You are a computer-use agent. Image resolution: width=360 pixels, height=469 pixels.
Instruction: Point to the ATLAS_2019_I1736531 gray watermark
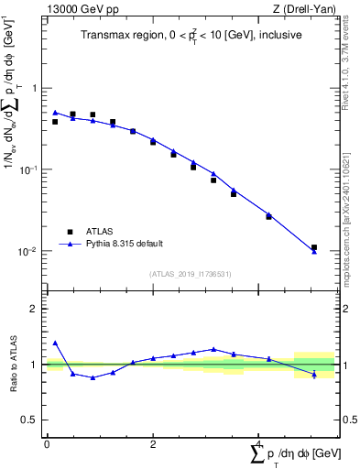190,274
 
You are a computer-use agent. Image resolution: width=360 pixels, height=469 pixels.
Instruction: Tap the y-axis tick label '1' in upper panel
34,89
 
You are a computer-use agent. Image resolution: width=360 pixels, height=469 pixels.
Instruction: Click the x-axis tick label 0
47,443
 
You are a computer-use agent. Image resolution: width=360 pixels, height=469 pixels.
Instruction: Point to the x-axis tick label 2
153,443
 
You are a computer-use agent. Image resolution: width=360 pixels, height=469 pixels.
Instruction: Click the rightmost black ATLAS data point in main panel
314,247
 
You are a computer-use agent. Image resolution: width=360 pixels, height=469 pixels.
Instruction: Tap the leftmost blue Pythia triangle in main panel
55,113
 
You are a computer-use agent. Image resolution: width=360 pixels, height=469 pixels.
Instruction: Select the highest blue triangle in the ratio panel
55,343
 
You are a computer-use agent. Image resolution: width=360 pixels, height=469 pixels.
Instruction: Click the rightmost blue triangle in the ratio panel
314,374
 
